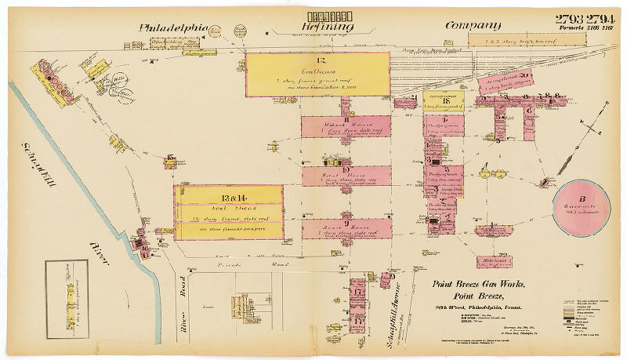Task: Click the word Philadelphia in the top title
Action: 172,28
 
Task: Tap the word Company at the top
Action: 473,26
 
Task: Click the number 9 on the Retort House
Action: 346,223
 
